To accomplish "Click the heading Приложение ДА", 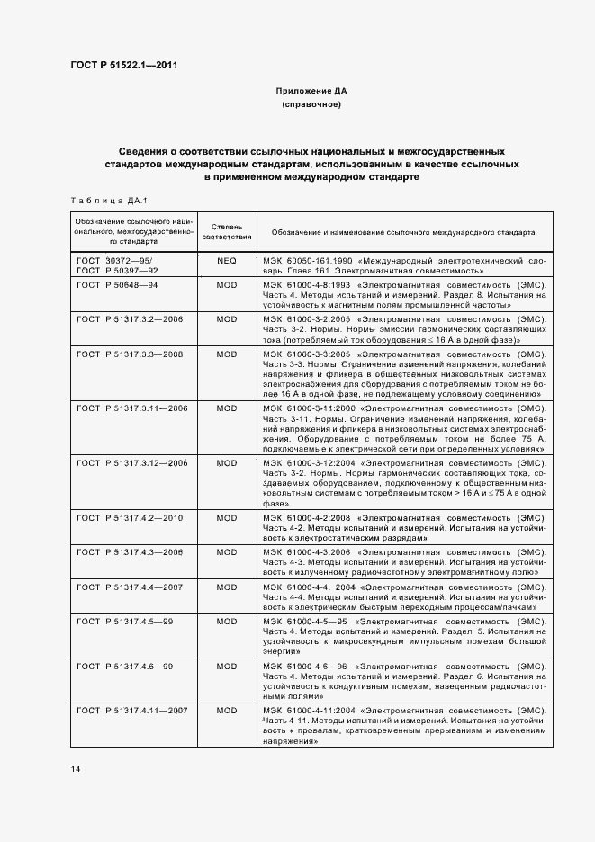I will point(311,91).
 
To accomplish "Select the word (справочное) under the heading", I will point(311,105).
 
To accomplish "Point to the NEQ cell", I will point(225,259).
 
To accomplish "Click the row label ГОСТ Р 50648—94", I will point(117,283).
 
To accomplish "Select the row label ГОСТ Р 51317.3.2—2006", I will point(131,318).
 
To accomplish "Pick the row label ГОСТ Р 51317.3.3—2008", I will point(131,354).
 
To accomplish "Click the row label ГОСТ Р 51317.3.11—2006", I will point(133,408).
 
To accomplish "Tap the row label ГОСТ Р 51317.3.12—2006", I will point(133,462).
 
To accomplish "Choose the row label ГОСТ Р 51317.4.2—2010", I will point(131,518).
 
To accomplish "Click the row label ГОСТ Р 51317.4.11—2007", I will point(133,711).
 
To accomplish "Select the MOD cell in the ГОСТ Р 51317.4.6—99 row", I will point(225,665).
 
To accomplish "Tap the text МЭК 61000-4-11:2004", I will point(306,711).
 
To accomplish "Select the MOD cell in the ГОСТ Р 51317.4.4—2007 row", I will point(225,587).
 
